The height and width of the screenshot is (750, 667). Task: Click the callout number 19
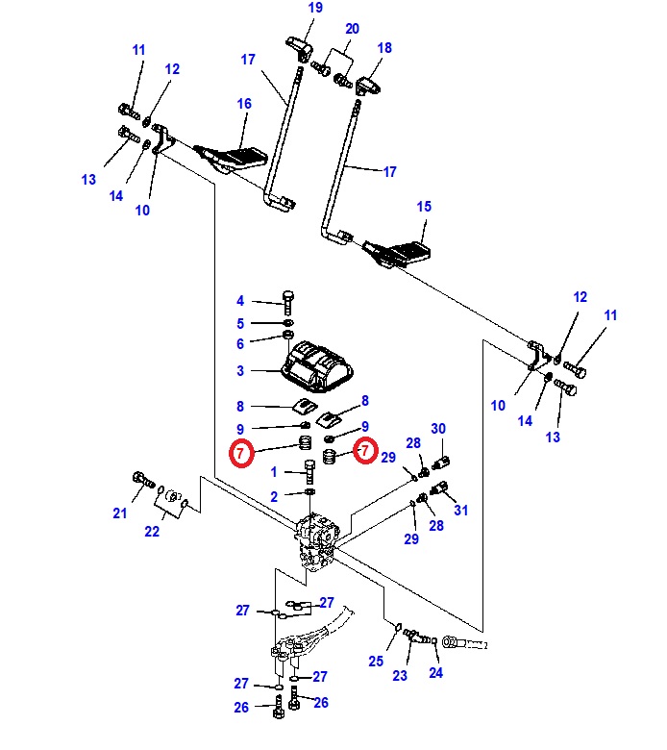click(x=315, y=8)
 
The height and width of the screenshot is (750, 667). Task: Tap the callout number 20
click(x=353, y=29)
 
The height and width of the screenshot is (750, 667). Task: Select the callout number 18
click(x=384, y=48)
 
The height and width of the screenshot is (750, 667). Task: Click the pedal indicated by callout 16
click(x=232, y=159)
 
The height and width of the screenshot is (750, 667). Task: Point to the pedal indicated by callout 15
click(x=398, y=253)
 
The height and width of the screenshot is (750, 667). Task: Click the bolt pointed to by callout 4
click(x=288, y=302)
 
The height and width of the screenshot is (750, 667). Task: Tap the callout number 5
click(x=240, y=324)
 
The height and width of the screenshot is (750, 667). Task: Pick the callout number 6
click(x=240, y=344)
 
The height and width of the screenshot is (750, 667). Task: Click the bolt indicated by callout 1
click(x=309, y=471)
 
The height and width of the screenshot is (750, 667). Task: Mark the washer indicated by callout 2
click(x=309, y=492)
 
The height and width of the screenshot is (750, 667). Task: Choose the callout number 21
click(x=120, y=513)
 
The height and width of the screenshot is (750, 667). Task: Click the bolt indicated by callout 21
click(x=143, y=480)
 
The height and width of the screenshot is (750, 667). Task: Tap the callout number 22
click(x=152, y=532)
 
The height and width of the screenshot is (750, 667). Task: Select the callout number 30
click(x=438, y=429)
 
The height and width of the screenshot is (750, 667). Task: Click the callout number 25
click(x=376, y=662)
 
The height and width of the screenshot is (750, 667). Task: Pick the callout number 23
click(x=400, y=676)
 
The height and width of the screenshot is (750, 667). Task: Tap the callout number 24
click(x=436, y=673)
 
